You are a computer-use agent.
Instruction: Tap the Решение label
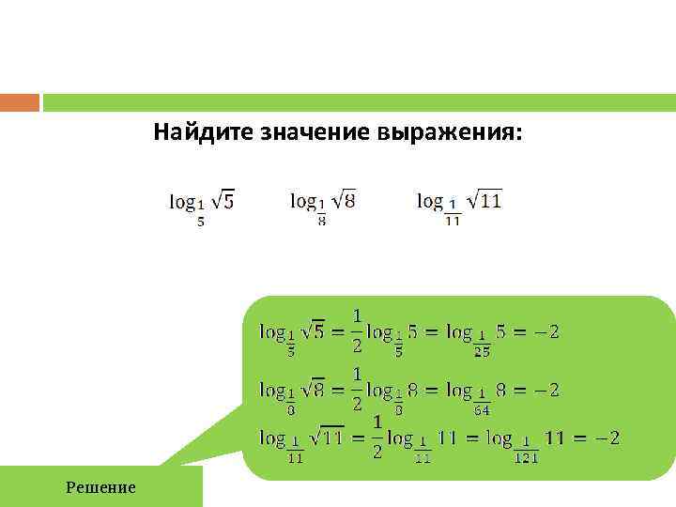coord(100,486)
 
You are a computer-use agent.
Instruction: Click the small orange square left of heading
coord(20,101)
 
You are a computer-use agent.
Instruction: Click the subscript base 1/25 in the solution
coord(482,348)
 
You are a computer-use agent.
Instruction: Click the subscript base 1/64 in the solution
coord(482,407)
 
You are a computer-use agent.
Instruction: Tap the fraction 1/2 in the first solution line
coord(358,330)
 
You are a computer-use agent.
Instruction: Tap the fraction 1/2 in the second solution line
coord(358,389)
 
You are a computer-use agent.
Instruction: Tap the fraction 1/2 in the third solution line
coord(377,438)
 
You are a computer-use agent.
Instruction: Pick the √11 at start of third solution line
coord(326,437)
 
